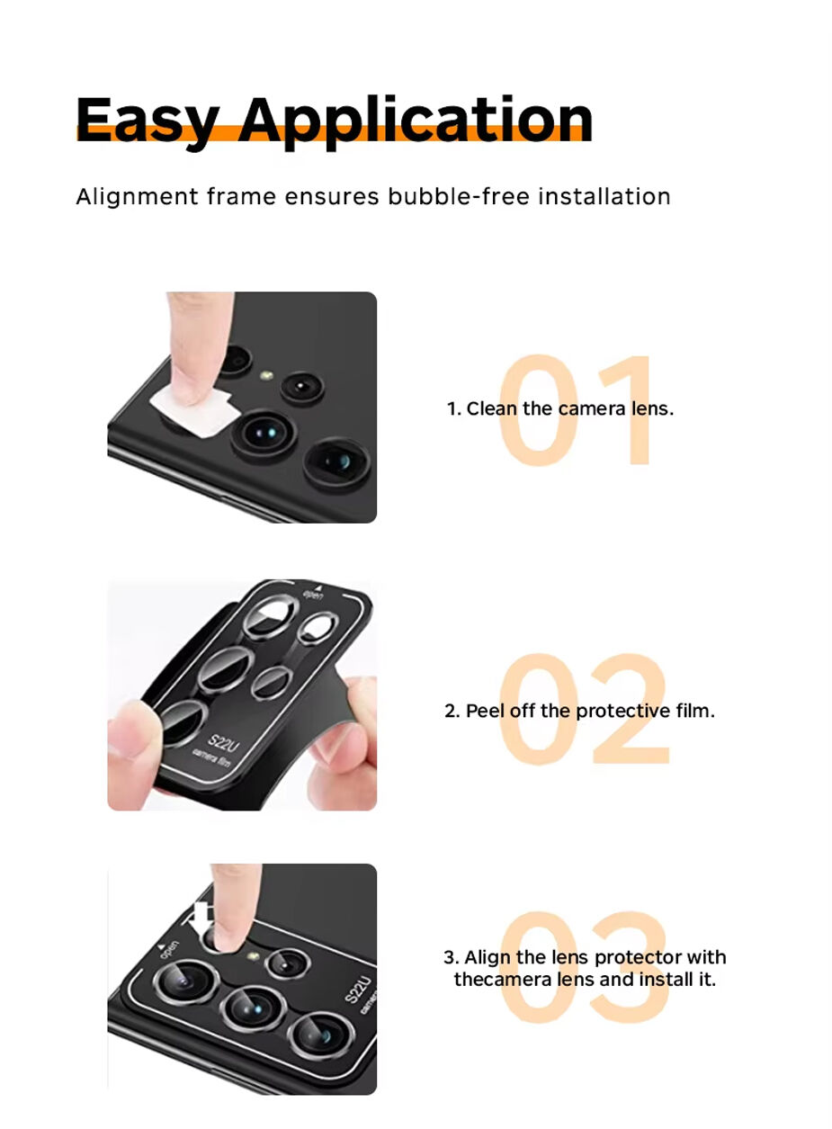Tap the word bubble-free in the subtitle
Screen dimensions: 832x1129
(459, 196)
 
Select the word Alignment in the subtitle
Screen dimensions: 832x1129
(137, 197)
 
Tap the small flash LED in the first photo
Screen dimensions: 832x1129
(266, 375)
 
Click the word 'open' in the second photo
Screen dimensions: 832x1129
(312, 596)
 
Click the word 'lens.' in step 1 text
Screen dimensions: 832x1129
(653, 408)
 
